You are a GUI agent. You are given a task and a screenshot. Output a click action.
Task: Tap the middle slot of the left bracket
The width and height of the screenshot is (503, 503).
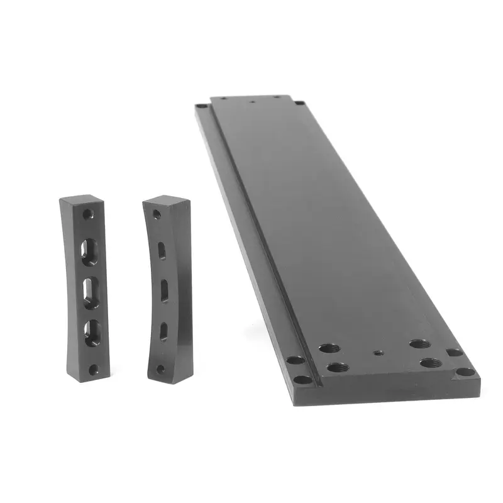[91, 292]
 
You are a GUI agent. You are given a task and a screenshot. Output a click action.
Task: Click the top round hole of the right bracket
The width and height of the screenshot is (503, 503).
[157, 215]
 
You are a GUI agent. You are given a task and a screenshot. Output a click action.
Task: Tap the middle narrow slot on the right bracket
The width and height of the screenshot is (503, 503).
[164, 290]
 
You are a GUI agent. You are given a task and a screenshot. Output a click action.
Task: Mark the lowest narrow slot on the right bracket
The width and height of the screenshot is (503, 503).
[164, 330]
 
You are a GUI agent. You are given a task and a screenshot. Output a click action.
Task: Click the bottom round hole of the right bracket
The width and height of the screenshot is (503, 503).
[160, 368]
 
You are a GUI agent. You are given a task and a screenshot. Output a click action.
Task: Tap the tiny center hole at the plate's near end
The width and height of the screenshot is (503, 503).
[377, 352]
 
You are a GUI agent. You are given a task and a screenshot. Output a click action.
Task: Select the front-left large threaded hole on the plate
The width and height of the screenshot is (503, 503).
[333, 366]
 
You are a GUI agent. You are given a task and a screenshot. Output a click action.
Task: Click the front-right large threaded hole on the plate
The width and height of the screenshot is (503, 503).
[430, 363]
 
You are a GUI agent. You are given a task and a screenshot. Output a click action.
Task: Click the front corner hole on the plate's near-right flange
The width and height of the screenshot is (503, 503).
[465, 371]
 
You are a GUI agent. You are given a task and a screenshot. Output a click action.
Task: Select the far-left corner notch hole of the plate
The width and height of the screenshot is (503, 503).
[201, 107]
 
